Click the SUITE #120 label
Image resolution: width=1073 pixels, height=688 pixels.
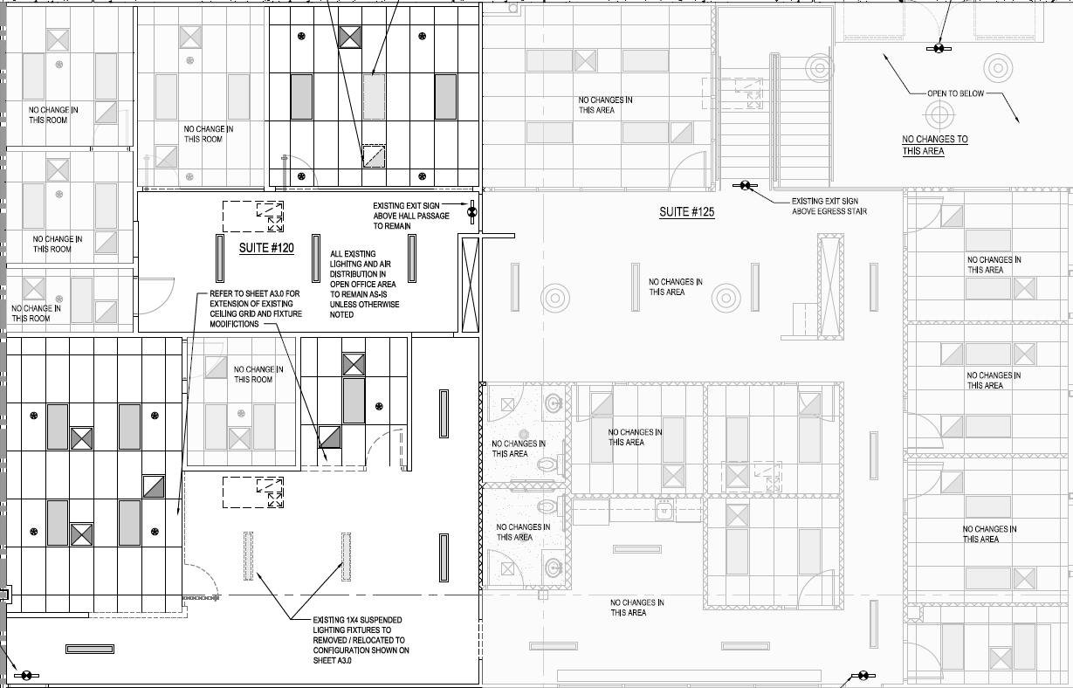pyautogui.click(x=266, y=248)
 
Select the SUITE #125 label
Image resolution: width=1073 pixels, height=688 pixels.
pyautogui.click(x=687, y=212)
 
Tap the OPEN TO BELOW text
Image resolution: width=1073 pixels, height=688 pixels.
pyautogui.click(x=956, y=93)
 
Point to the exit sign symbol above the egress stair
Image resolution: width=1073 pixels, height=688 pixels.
pyautogui.click(x=745, y=185)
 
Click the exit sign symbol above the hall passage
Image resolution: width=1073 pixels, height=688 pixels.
pyautogui.click(x=472, y=210)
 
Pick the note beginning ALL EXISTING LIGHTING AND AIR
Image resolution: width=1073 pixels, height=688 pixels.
pyautogui.click(x=364, y=284)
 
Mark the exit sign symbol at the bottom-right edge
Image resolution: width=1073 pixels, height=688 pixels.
pyautogui.click(x=863, y=676)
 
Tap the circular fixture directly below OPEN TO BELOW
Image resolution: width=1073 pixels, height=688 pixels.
pyautogui.click(x=939, y=114)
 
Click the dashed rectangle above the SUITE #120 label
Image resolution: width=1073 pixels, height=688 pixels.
pyautogui.click(x=253, y=215)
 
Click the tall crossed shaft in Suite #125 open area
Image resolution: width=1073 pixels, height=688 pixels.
pyautogui.click(x=831, y=286)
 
